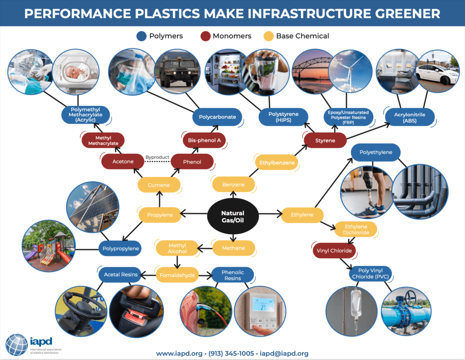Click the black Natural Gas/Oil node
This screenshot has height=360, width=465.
click(232, 217)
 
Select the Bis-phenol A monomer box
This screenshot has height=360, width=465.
click(204, 140)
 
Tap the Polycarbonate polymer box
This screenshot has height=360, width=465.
click(217, 117)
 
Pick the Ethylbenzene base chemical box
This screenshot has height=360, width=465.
click(277, 163)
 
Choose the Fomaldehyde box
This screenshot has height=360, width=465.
click(177, 275)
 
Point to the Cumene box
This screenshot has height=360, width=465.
click(158, 185)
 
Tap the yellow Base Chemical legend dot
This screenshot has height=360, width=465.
click(269, 36)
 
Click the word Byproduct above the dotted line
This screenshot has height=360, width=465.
click(157, 158)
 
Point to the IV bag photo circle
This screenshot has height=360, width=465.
click(351, 312)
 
